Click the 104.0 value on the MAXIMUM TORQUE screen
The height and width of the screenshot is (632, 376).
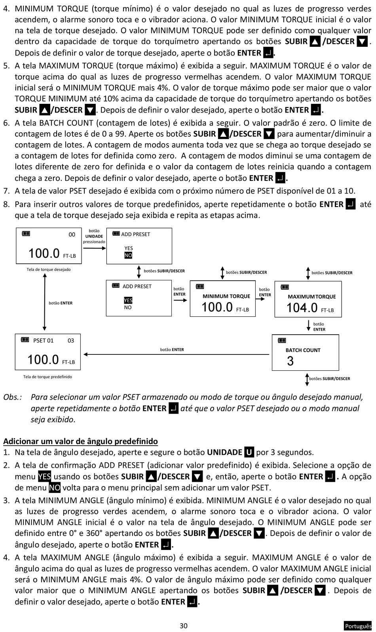click(x=302, y=307)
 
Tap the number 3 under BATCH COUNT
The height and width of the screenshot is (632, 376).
click(x=290, y=361)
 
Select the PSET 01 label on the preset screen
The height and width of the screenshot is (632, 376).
click(x=43, y=341)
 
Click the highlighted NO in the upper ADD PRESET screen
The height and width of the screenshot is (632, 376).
click(x=128, y=256)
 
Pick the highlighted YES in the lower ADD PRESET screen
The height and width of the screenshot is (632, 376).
click(x=128, y=300)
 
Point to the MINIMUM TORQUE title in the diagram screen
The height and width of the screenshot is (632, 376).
click(x=226, y=296)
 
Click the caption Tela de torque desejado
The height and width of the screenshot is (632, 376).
click(x=49, y=270)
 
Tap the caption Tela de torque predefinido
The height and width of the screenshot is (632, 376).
click(x=47, y=377)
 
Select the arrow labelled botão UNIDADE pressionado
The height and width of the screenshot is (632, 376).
click(x=95, y=248)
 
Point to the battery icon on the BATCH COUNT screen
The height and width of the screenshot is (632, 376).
click(x=282, y=340)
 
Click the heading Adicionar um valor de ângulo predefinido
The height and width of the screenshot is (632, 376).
click(x=80, y=441)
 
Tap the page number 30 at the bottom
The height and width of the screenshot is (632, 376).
click(x=184, y=626)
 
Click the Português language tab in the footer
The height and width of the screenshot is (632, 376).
click(x=358, y=626)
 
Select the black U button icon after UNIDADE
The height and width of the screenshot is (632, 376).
click(x=249, y=452)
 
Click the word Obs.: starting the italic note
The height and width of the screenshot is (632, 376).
click(x=13, y=397)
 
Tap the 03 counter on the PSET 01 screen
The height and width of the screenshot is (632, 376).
click(x=71, y=341)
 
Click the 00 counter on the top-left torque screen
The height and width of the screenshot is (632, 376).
click(x=72, y=235)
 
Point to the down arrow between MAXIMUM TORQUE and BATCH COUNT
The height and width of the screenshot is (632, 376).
click(x=308, y=326)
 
